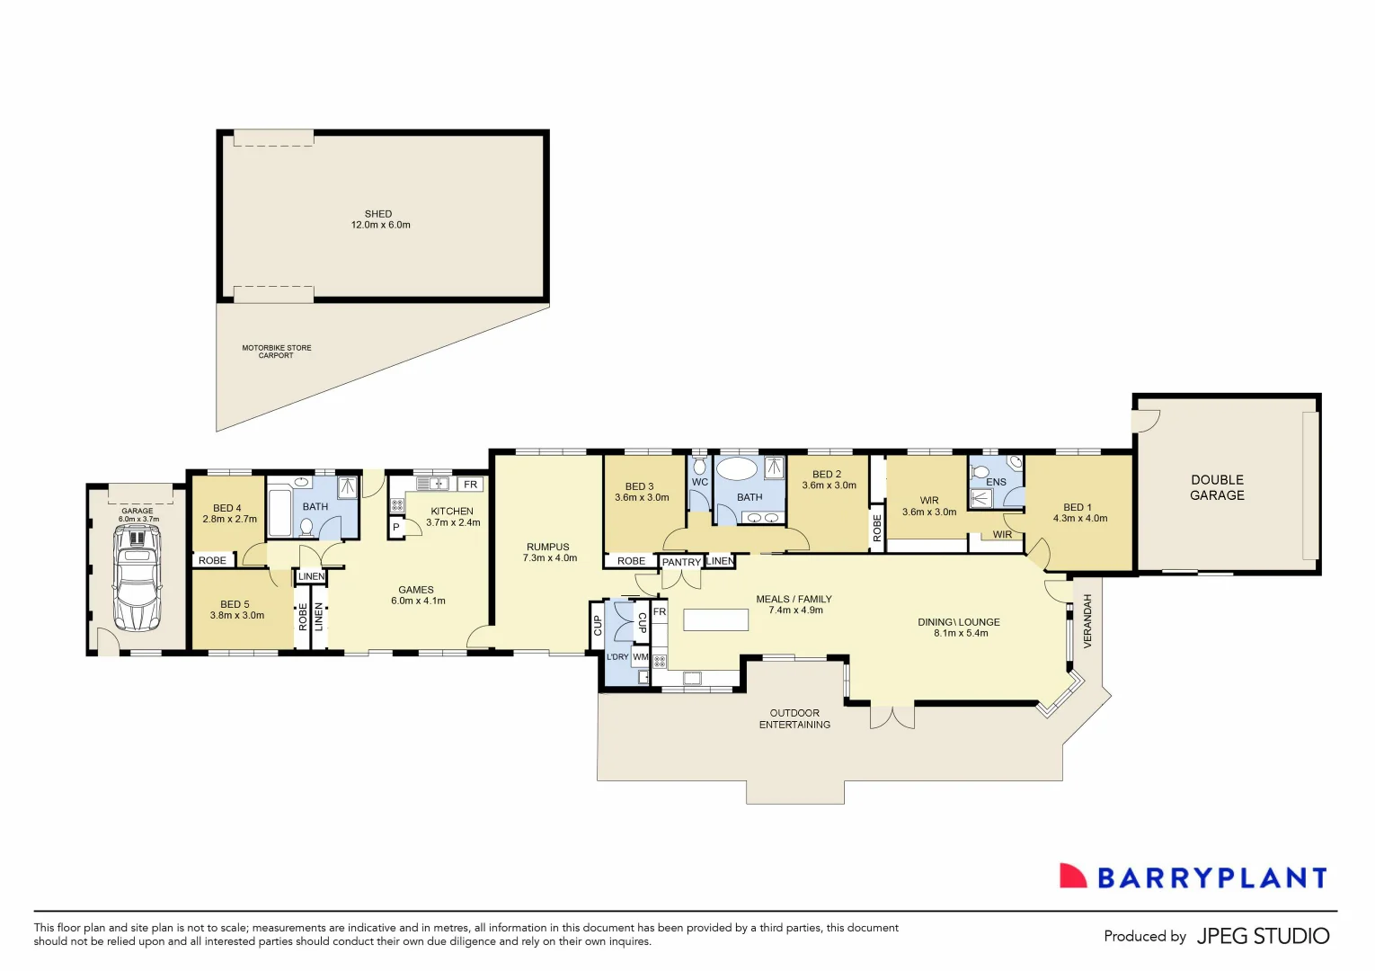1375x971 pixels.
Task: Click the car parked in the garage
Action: [x=137, y=578]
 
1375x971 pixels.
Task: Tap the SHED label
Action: [x=378, y=214]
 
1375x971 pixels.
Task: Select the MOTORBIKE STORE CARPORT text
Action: [x=277, y=352]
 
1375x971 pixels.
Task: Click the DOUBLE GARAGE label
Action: [x=1217, y=487]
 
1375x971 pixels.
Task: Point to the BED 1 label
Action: [x=1078, y=507]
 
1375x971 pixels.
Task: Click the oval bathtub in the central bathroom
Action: [x=737, y=469]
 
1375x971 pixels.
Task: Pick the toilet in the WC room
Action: [x=699, y=466]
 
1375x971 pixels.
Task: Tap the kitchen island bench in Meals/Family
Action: [x=715, y=619]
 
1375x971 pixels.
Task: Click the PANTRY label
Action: [x=681, y=562]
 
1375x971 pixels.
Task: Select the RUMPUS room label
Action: [x=548, y=547]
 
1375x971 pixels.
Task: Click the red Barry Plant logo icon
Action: [x=1072, y=876]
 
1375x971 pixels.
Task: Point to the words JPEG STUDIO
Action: [x=1263, y=936]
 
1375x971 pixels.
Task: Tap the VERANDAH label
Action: [x=1087, y=620]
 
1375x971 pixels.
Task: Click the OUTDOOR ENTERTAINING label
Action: [x=794, y=718]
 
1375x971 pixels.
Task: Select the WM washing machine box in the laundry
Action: [x=640, y=657]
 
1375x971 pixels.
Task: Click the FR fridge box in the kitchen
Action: [x=470, y=485]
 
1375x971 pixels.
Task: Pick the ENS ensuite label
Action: [x=996, y=482]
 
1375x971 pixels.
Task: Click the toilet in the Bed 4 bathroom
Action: [x=306, y=525]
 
